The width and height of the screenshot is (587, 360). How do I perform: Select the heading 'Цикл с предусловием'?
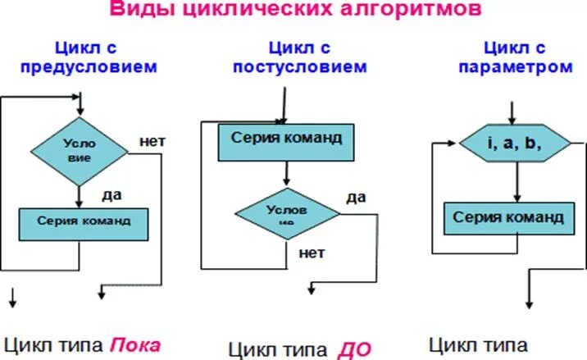pyautogui.click(x=104, y=57)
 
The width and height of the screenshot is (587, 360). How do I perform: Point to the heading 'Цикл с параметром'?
pyautogui.click(x=513, y=57)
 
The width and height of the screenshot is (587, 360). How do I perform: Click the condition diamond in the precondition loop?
pyautogui.click(x=80, y=149)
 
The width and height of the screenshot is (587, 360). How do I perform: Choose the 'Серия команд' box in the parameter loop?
pyautogui.click(x=508, y=218)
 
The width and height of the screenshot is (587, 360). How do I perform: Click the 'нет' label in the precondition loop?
pyautogui.click(x=153, y=140)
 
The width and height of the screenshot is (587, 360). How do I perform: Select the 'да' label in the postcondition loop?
pyautogui.click(x=356, y=197)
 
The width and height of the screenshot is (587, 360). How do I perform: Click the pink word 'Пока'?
pyautogui.click(x=136, y=344)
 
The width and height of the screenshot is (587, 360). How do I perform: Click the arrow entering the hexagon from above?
pyautogui.click(x=513, y=113)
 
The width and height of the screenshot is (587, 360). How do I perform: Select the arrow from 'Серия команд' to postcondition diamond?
pyautogui.click(x=286, y=173)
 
